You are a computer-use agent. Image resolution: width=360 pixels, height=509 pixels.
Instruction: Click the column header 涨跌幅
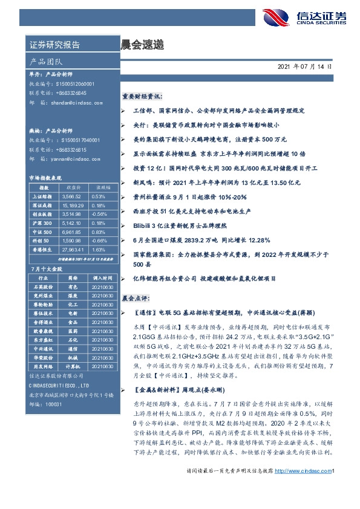click(99, 187)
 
